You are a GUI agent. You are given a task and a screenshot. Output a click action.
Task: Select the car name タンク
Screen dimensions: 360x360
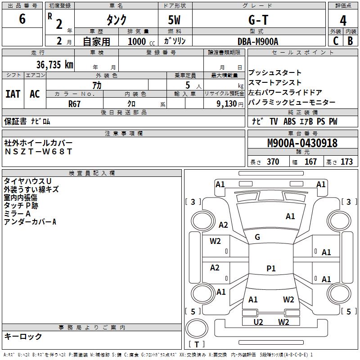pyautogui.click(x=116, y=20)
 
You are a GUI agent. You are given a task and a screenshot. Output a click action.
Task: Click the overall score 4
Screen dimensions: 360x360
pyautogui.click(x=343, y=20)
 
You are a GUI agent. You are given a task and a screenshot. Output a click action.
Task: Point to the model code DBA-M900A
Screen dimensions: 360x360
pyautogui.click(x=258, y=41)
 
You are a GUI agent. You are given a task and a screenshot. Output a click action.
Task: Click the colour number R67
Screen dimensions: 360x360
pyautogui.click(x=75, y=103)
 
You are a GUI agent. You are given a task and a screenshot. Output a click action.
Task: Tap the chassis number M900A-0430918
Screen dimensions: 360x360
pyautogui.click(x=302, y=144)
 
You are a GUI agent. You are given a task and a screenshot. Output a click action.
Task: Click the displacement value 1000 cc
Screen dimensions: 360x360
pyautogui.click(x=140, y=41)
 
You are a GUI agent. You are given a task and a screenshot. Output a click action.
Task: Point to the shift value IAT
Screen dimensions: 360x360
pyautogui.click(x=13, y=94)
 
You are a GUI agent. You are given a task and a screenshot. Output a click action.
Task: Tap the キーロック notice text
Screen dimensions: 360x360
pyautogui.click(x=23, y=336)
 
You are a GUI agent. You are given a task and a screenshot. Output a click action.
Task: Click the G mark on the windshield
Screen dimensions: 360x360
pyautogui.click(x=257, y=237)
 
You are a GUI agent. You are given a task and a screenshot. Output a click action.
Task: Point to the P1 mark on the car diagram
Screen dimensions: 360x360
pyautogui.click(x=271, y=269)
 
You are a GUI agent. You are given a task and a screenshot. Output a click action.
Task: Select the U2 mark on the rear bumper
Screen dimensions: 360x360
pyautogui.click(x=258, y=322)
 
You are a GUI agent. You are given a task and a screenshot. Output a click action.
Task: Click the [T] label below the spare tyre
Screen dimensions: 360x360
pyautogui.click(x=196, y=345)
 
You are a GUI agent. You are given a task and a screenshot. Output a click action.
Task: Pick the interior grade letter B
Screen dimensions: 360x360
pyautogui.click(x=350, y=41)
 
